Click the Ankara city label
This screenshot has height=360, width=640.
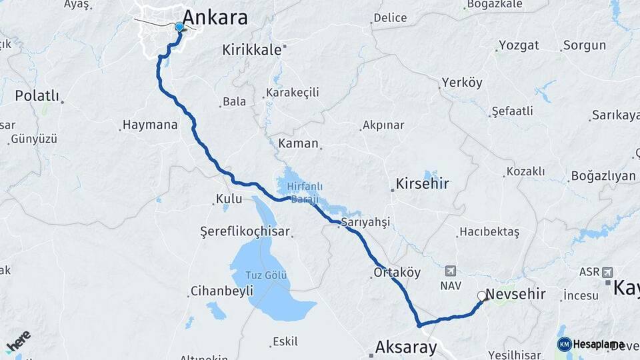click(x=215, y=17)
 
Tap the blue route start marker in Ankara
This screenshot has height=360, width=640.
click(x=179, y=27)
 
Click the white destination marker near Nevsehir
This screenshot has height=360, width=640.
click(x=481, y=295)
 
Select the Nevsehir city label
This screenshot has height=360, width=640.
click(x=515, y=294)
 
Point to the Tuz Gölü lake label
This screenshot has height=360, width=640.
click(x=267, y=275)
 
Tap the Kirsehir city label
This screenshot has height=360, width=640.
click(x=422, y=183)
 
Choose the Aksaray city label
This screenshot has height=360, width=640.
click(x=406, y=347)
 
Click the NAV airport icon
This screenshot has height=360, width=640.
click(x=451, y=271)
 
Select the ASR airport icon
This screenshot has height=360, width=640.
click(x=607, y=272)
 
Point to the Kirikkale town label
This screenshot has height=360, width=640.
click(x=251, y=49)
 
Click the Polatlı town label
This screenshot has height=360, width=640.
click(x=37, y=95)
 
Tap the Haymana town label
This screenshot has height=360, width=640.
click(x=150, y=125)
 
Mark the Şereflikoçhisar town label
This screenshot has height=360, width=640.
click(x=245, y=231)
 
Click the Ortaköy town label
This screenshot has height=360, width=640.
click(x=397, y=272)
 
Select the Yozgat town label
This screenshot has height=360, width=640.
click(x=522, y=45)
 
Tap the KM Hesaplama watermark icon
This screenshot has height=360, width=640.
click(x=564, y=344)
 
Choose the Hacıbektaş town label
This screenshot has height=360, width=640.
click(x=488, y=232)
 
